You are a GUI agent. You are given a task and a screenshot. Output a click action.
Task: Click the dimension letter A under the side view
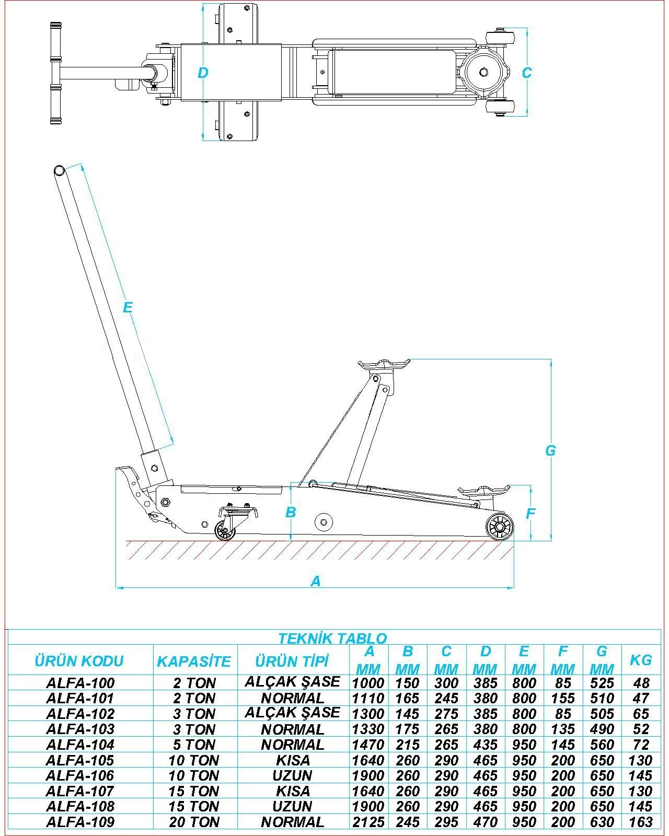pos(316,581)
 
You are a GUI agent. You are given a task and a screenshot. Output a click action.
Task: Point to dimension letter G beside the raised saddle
pos(550,450)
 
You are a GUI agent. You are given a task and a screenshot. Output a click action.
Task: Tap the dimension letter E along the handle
pos(128,307)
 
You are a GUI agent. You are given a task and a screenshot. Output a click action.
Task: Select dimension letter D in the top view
pos(203,73)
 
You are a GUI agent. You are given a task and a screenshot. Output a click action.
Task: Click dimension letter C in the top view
pos(527,73)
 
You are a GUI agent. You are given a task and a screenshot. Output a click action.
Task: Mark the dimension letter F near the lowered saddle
pos(530,514)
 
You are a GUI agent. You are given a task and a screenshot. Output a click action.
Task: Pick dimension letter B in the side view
pos(291,512)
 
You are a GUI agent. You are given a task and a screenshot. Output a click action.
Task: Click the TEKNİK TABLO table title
pos(332,638)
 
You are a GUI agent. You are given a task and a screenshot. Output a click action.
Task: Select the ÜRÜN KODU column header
pos(79,661)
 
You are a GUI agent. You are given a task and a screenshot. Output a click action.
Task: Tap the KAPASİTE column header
pos(194,661)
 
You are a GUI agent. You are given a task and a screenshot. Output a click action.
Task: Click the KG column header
pos(641,660)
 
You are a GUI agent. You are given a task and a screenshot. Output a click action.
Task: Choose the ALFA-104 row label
pos(80,745)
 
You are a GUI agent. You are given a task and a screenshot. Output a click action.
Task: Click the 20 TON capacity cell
pos(194,822)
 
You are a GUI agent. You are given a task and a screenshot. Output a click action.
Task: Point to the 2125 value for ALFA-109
pos(368,822)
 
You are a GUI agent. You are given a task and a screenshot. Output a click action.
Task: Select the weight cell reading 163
pos(641,822)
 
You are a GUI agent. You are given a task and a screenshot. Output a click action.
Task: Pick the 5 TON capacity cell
pos(194,745)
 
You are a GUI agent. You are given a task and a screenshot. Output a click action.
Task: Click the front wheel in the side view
pos(499,527)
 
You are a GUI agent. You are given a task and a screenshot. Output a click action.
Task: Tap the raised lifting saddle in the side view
pos(384,365)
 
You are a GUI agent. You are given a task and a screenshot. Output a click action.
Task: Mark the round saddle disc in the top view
pos(482,72)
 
